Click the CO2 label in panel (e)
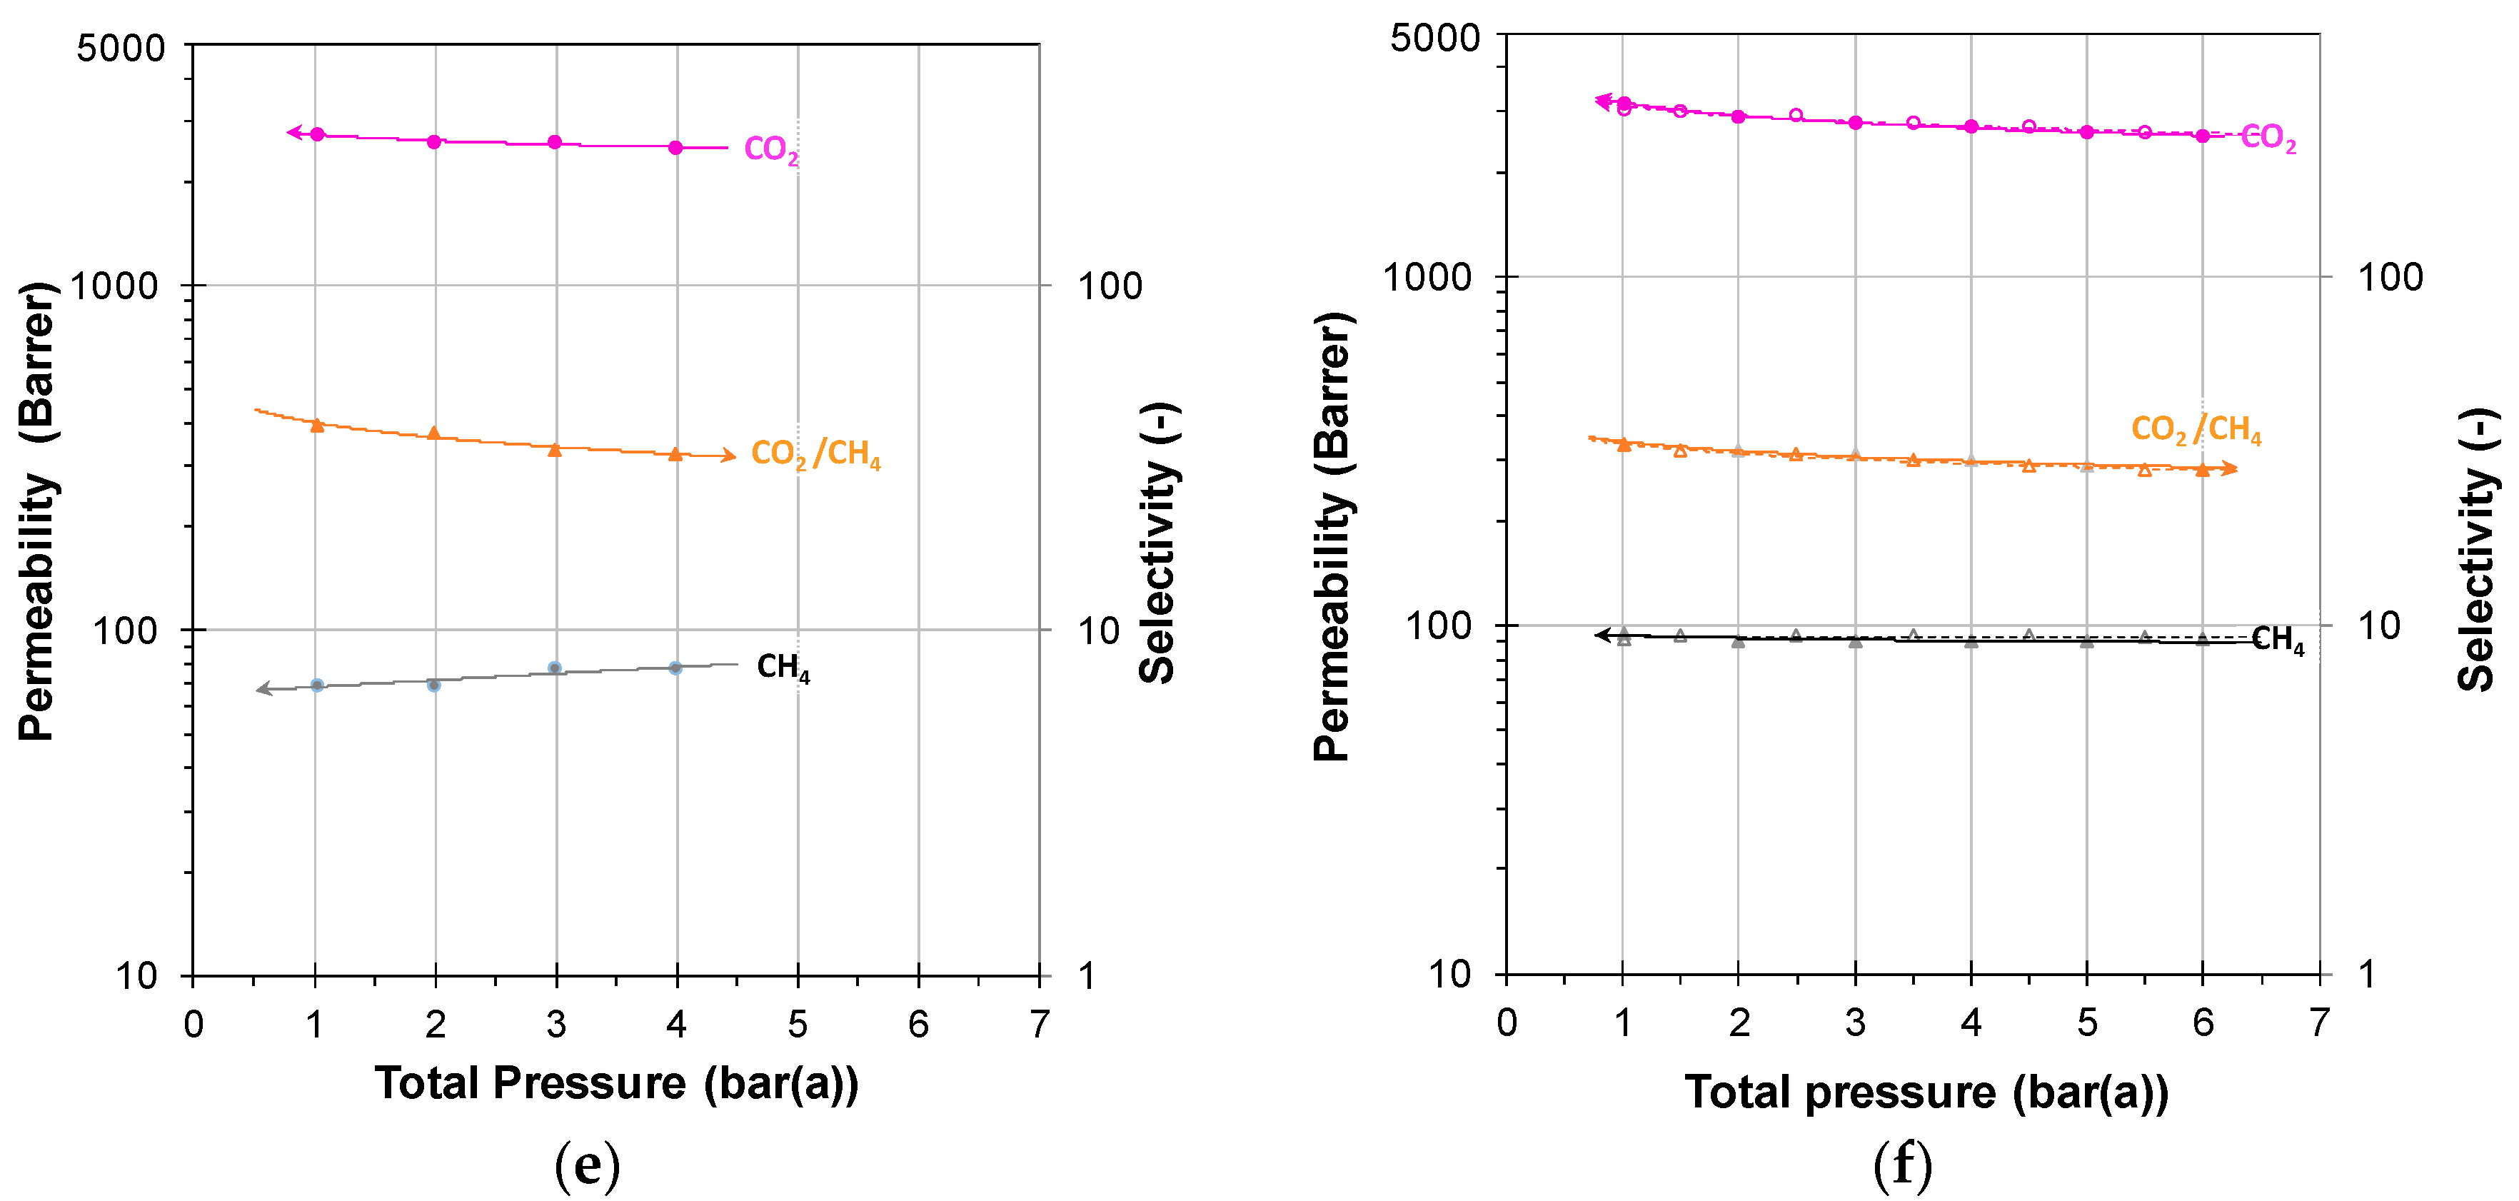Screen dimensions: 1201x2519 pos(770,150)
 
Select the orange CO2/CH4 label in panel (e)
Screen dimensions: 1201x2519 pos(815,454)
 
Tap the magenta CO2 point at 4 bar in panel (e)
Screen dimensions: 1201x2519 pos(675,148)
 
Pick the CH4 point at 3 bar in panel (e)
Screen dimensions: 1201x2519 pos(555,668)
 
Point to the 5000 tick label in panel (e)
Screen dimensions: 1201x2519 pos(120,47)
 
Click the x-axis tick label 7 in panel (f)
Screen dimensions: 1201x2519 pos(2318,1023)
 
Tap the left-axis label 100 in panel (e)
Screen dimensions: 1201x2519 pos(124,630)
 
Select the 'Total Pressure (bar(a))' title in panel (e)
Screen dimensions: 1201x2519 pos(616,1084)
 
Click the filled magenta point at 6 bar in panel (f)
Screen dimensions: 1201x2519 pos(2202,136)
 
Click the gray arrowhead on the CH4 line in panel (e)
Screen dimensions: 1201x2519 pos(263,690)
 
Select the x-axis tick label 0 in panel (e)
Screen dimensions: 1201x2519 pos(193,1025)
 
